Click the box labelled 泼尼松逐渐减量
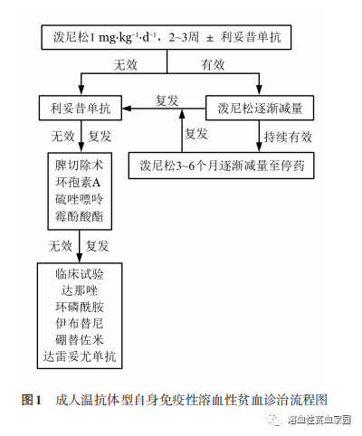click(259, 108)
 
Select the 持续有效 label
click(287, 137)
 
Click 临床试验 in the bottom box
click(79, 274)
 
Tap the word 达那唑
click(79, 290)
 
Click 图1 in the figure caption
click(31, 399)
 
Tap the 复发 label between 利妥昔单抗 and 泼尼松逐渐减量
click(168, 99)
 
